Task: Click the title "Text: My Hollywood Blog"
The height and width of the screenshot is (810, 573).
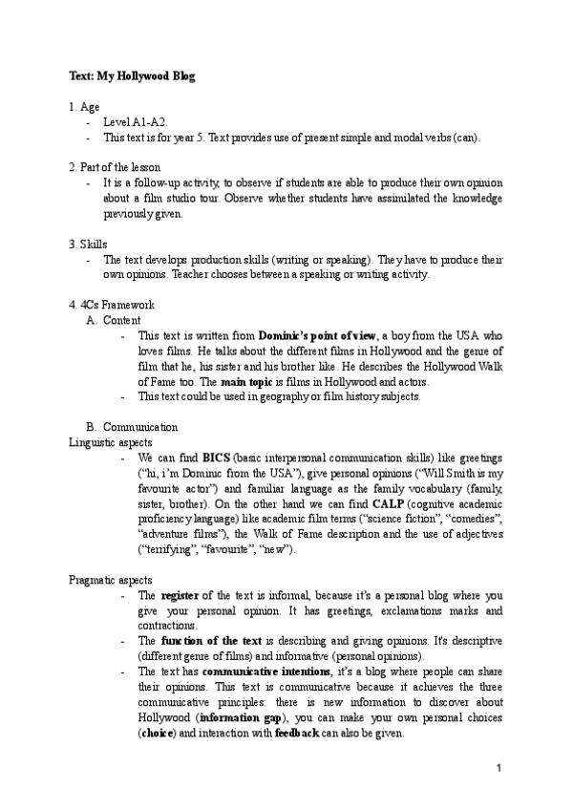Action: [x=132, y=75]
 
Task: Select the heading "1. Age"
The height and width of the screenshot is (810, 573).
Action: [x=84, y=108]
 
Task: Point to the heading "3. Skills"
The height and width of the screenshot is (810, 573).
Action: [x=89, y=244]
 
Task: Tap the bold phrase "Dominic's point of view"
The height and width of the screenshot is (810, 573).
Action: [x=319, y=335]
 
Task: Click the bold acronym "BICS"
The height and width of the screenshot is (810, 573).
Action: [x=218, y=458]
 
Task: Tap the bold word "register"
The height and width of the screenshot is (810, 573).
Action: [x=181, y=595]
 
